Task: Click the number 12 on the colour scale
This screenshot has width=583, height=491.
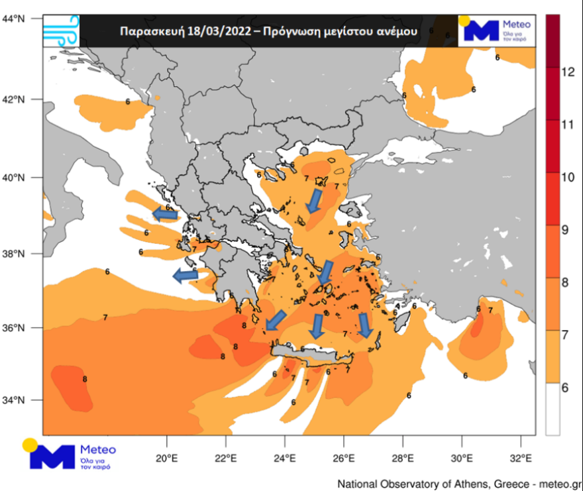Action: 567,72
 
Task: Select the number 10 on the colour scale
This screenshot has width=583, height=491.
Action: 567,177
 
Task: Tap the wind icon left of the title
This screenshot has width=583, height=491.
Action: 61,30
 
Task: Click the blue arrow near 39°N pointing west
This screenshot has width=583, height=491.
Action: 165,213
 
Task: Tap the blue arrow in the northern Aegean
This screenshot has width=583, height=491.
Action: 314,201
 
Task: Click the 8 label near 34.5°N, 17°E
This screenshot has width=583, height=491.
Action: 85,379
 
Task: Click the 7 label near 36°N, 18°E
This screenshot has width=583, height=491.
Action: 105,318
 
